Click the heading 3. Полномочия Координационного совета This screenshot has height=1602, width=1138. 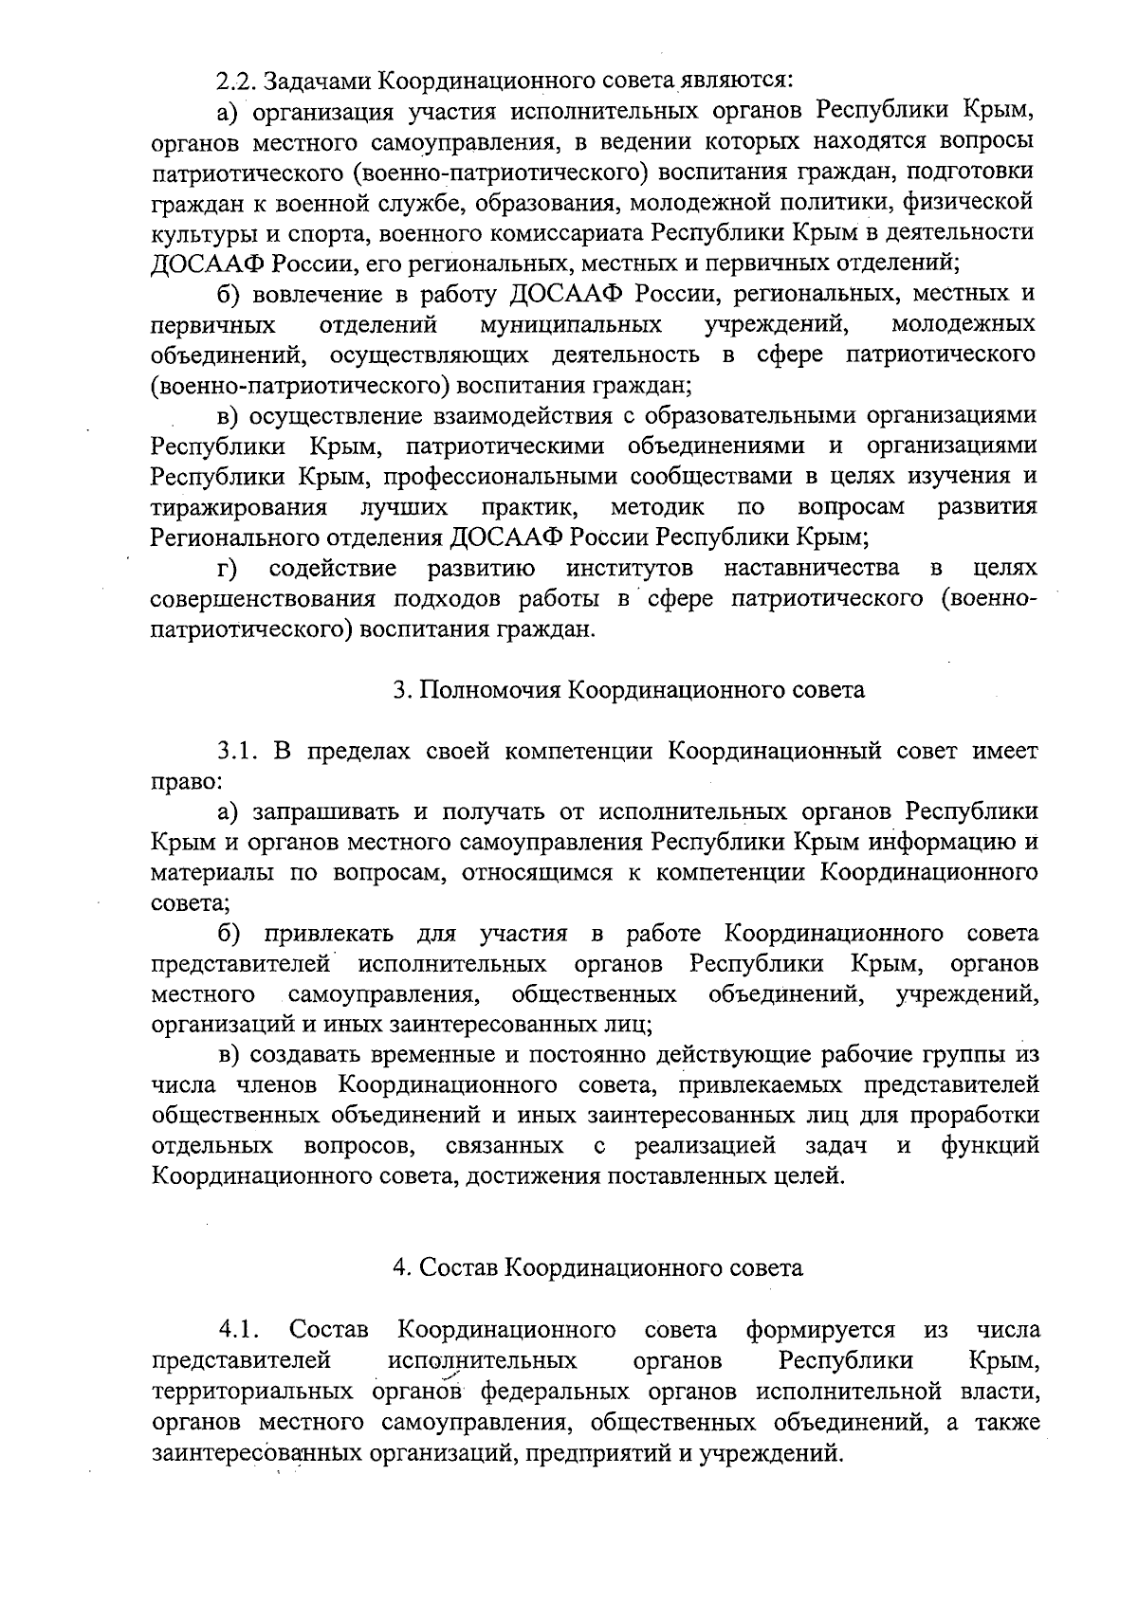click(629, 689)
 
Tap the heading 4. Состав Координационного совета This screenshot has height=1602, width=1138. click(597, 1267)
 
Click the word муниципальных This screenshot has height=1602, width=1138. click(570, 325)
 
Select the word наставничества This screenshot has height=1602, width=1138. click(811, 568)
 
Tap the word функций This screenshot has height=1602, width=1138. click(989, 1146)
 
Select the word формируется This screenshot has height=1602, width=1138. click(821, 1330)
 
